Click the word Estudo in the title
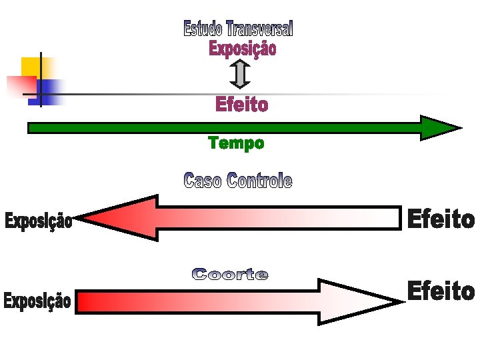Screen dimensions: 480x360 click(x=203, y=29)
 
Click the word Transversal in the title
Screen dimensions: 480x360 click(x=259, y=29)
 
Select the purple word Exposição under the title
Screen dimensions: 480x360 click(x=242, y=49)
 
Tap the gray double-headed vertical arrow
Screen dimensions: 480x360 click(x=240, y=74)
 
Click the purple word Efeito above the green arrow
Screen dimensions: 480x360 click(x=241, y=105)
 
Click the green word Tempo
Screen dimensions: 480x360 click(x=236, y=143)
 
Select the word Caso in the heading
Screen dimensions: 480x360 click(x=203, y=180)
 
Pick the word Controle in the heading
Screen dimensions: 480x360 click(x=259, y=180)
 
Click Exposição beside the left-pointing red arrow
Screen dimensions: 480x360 click(x=38, y=221)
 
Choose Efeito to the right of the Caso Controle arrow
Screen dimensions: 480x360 click(x=441, y=219)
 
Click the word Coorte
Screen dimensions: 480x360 click(x=230, y=274)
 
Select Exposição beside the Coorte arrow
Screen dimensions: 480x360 click(x=37, y=301)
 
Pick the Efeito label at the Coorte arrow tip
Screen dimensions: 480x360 click(x=441, y=291)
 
